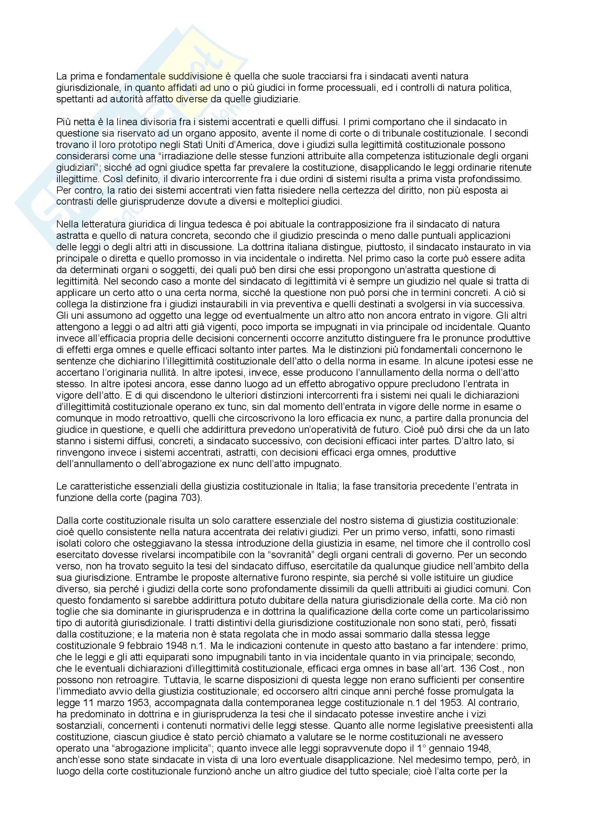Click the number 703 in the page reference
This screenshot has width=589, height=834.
pos(189,498)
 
